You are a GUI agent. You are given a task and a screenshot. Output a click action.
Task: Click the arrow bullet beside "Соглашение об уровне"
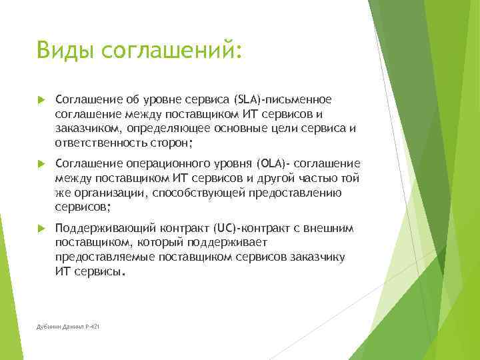[x=41, y=100]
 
